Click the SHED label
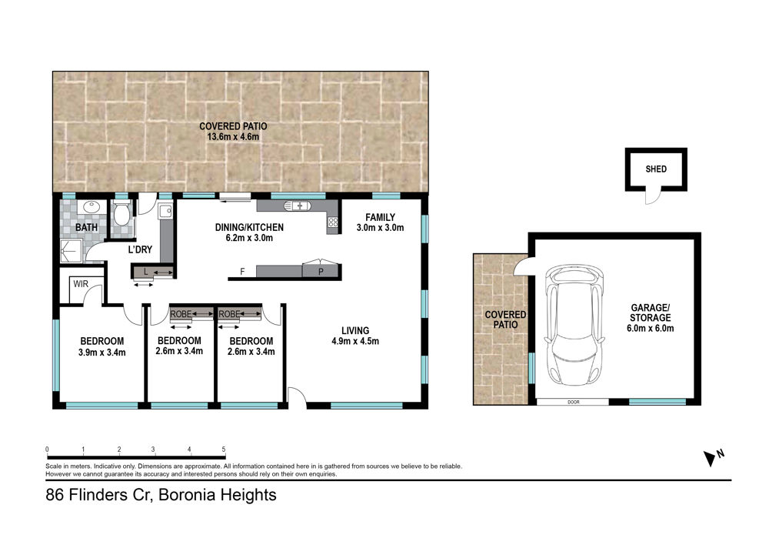point(656,169)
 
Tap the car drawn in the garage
point(574,326)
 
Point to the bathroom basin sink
point(91,206)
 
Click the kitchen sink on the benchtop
point(297,206)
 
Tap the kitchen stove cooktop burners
point(333,222)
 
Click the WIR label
point(81,283)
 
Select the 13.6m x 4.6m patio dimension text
point(233,137)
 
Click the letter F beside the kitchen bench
point(242,272)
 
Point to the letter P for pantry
point(320,272)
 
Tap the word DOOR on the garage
point(574,402)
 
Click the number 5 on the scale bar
point(224,449)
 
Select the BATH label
point(86,227)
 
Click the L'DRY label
point(140,249)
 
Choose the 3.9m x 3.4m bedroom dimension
point(102,353)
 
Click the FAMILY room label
point(380,217)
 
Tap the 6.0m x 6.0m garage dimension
point(651,328)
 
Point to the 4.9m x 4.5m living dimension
point(355,341)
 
